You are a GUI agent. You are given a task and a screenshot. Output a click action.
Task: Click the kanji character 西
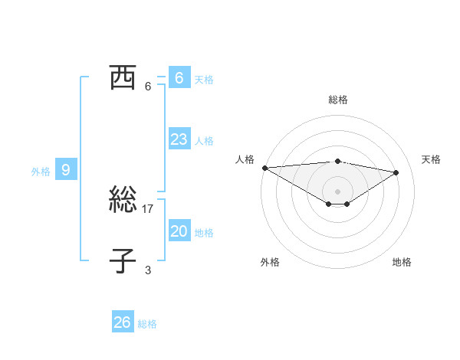click(x=123, y=77)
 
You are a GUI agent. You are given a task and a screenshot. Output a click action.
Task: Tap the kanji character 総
click(x=123, y=201)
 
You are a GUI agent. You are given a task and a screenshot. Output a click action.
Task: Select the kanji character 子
click(x=123, y=261)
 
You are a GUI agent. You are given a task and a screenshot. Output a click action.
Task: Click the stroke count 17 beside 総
click(x=149, y=208)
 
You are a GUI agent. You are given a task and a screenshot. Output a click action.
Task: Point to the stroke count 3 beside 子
click(x=148, y=270)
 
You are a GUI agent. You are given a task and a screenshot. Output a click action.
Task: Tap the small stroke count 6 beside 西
click(x=148, y=86)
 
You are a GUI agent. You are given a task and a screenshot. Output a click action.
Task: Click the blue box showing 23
click(x=179, y=139)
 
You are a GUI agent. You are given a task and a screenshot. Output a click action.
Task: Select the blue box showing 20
click(x=179, y=231)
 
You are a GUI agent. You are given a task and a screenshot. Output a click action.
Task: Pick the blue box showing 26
click(x=122, y=322)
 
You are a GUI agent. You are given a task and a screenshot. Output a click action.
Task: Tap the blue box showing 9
click(x=66, y=170)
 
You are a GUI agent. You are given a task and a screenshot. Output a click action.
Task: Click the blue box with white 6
click(x=179, y=77)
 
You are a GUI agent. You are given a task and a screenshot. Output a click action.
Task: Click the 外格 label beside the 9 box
click(x=41, y=172)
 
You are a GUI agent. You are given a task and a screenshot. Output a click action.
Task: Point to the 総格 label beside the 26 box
click(x=147, y=324)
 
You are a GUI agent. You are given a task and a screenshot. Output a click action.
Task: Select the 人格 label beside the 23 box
click(x=204, y=141)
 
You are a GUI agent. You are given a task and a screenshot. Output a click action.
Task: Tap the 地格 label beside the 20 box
click(x=204, y=233)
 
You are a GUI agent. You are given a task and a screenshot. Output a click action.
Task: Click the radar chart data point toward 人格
click(x=264, y=168)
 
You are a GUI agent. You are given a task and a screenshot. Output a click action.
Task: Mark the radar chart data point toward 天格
click(x=396, y=172)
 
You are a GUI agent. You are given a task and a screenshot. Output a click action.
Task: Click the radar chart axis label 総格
click(x=337, y=100)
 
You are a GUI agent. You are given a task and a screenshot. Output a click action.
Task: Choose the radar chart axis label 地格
click(x=402, y=262)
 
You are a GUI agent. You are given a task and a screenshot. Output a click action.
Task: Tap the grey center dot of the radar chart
click(x=337, y=191)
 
